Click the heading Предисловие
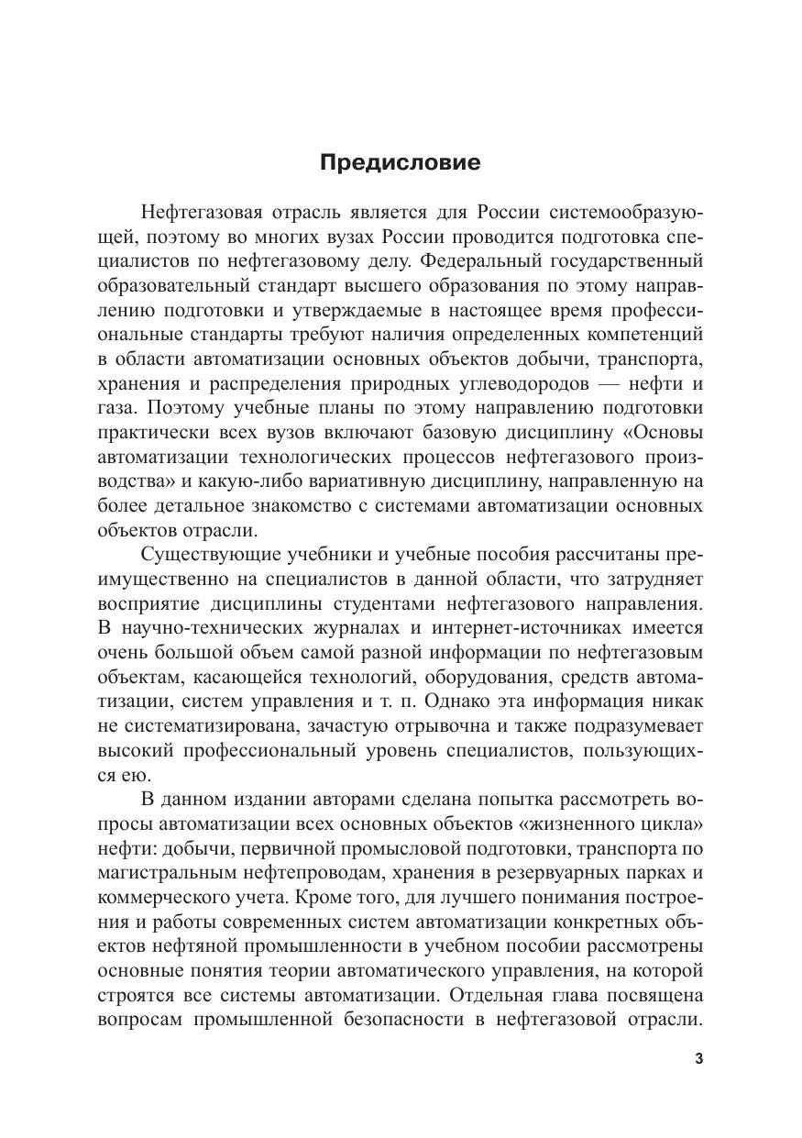(401, 163)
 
